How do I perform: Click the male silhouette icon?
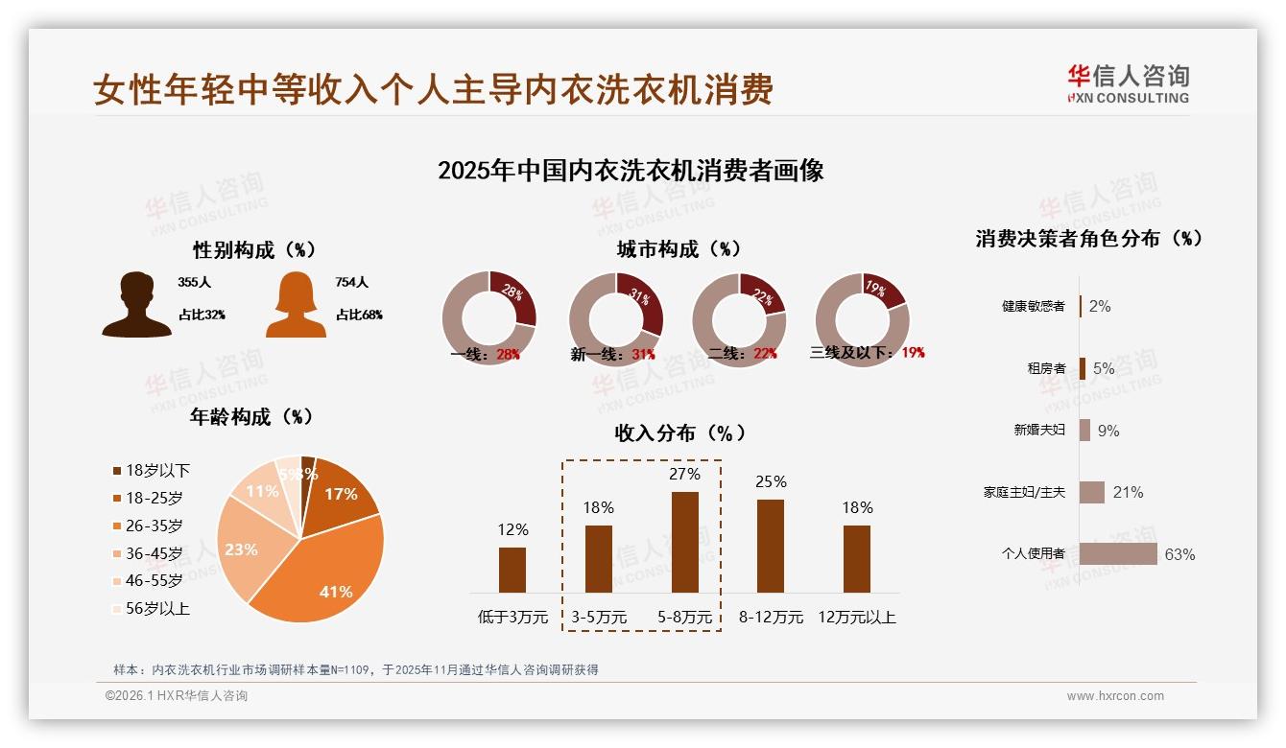(x=136, y=304)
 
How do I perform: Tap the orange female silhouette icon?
(x=296, y=304)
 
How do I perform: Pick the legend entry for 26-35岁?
(x=154, y=526)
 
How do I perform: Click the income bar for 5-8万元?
(x=684, y=542)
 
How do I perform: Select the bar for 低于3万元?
(x=512, y=570)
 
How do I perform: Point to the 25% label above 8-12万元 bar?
(x=771, y=481)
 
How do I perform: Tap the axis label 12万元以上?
(x=856, y=617)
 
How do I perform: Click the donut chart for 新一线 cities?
(x=615, y=318)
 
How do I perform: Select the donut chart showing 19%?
(x=861, y=318)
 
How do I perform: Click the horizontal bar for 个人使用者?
(x=1117, y=554)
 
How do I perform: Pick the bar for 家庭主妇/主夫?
(x=1091, y=492)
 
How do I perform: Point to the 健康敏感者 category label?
(x=1033, y=306)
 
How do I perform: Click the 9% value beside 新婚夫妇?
(x=1108, y=431)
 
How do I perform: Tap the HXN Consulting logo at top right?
(x=1128, y=84)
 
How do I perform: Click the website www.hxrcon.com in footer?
(x=1115, y=696)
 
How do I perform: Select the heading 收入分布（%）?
(x=679, y=432)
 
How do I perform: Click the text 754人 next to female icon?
(x=351, y=283)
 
